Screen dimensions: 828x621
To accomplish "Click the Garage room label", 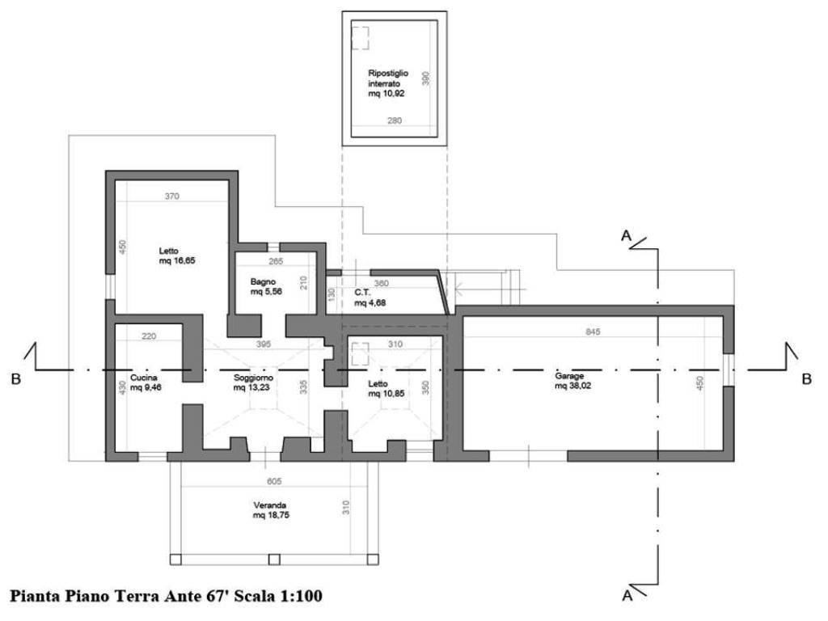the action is (569, 376).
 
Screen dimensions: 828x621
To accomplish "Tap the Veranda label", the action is (270, 505).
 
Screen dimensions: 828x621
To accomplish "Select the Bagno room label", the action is (263, 282).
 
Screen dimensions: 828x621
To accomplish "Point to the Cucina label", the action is (144, 378).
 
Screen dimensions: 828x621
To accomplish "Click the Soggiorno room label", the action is (253, 378).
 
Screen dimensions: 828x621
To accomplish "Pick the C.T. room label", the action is (363, 293).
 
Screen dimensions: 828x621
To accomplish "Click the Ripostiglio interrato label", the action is (388, 78).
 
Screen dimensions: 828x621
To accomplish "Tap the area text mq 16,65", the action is (177, 260).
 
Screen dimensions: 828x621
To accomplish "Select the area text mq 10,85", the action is (387, 394).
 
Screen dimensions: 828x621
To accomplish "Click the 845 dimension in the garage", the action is (593, 332).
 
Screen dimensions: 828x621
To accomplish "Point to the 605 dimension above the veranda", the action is (274, 481).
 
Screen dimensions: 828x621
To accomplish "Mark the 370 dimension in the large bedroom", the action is (172, 196).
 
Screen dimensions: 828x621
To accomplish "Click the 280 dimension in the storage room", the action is (395, 120).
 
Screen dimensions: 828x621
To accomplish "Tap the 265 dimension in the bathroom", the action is (276, 261).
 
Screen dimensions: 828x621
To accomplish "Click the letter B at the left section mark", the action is (16, 379).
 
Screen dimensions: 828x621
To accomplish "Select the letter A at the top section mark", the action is (627, 235).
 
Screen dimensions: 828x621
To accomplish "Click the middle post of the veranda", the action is (274, 560).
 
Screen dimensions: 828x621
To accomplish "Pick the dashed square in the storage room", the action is (360, 38).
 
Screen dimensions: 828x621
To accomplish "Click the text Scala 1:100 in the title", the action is (278, 596).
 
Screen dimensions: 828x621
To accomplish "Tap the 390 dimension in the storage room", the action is (426, 78).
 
